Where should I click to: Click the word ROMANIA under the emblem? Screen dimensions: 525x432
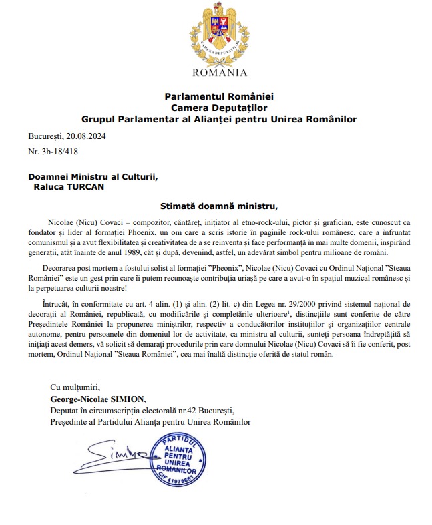click(220, 73)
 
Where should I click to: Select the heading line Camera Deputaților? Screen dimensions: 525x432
click(219, 108)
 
